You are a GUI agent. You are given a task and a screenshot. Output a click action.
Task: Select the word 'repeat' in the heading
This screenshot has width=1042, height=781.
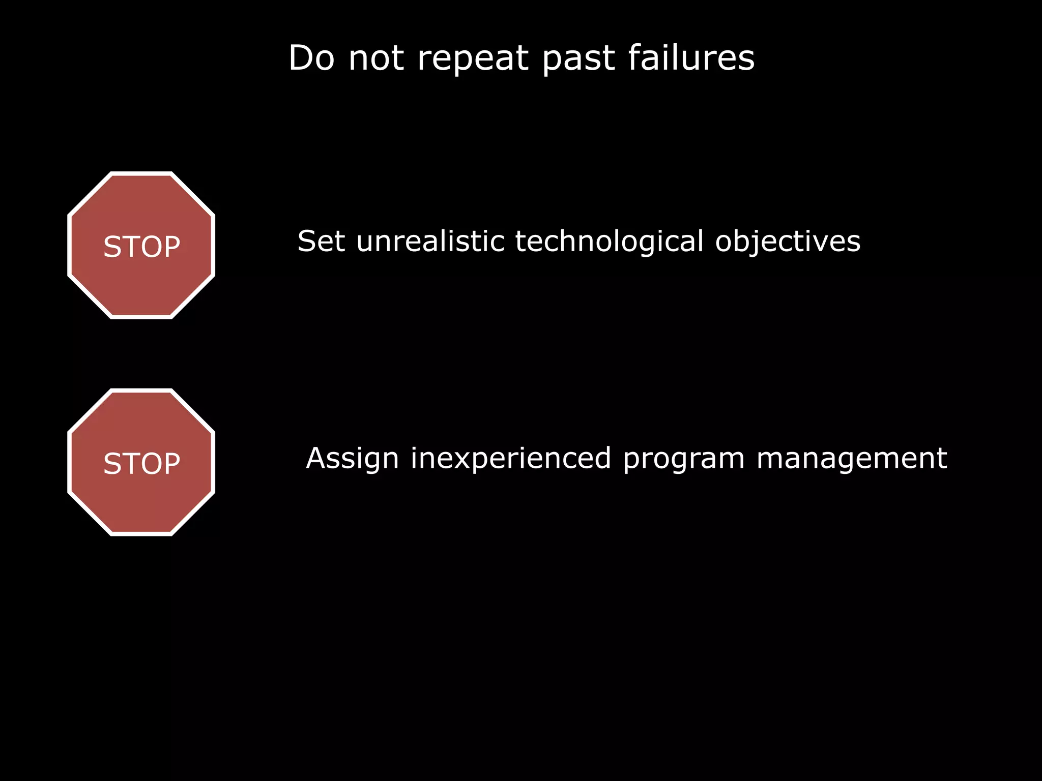(473, 58)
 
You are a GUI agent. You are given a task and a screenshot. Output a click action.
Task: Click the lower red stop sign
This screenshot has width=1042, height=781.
(141, 503)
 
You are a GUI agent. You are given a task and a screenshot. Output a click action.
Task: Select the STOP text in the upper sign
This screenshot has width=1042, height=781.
(141, 247)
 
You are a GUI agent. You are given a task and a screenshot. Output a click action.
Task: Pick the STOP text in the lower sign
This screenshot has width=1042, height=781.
(141, 464)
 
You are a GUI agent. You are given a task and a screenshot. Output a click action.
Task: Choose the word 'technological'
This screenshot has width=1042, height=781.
(609, 242)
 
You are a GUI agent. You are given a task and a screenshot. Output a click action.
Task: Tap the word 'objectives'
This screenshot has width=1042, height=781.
(788, 242)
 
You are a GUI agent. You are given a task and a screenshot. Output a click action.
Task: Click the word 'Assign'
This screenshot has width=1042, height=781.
(352, 459)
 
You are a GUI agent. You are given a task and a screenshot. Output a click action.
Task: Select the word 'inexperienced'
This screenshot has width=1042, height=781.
(511, 459)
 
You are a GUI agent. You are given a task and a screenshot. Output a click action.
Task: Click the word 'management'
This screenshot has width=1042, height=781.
(852, 459)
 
